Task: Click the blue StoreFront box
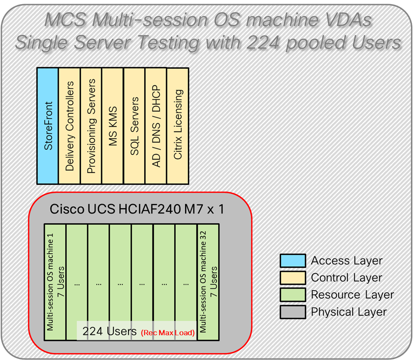(x=47, y=125)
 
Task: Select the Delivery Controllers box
(x=69, y=125)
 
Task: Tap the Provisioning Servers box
(x=91, y=125)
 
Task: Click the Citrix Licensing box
(x=178, y=125)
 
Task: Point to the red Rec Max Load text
(x=167, y=333)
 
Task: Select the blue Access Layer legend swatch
(x=292, y=261)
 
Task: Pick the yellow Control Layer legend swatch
(x=292, y=278)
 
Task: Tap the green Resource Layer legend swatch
(x=292, y=295)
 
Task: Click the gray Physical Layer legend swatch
(x=292, y=312)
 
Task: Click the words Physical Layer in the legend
(x=348, y=312)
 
